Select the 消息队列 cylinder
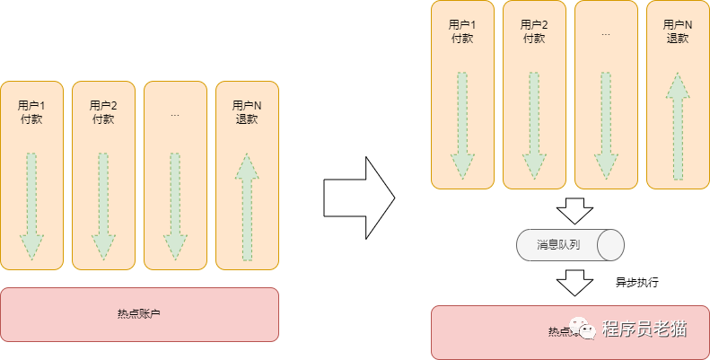click(x=570, y=244)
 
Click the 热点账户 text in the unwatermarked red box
click(x=139, y=314)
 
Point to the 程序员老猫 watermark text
click(x=644, y=329)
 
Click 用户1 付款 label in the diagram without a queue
click(x=31, y=112)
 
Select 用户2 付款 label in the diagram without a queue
click(x=103, y=112)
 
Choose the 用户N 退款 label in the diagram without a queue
click(x=247, y=112)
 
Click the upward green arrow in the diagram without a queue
click(x=247, y=206)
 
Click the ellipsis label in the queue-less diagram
click(x=175, y=114)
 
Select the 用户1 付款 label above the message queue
click(x=462, y=31)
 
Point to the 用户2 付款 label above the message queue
click(x=534, y=31)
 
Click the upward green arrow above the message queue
click(x=678, y=126)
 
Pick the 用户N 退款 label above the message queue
click(x=678, y=31)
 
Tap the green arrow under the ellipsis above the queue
click(x=606, y=126)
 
